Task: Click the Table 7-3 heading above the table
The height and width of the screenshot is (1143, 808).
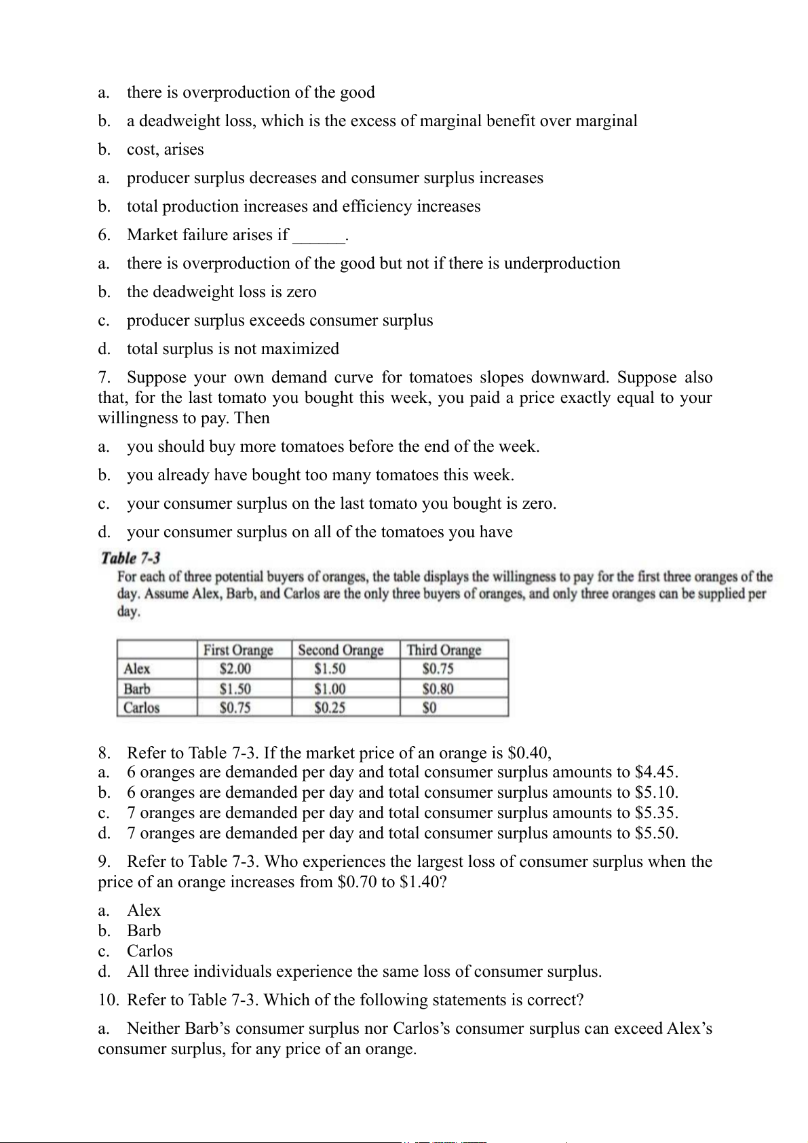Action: point(130,558)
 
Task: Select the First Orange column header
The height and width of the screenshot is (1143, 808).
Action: point(238,650)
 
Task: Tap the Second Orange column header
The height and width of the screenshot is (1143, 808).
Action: point(341,650)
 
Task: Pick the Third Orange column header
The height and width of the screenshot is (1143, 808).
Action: point(444,650)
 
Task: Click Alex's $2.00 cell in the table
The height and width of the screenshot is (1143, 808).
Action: point(235,669)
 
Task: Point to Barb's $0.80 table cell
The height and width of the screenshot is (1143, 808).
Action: point(438,689)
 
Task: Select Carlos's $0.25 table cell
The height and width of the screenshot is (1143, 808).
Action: point(330,708)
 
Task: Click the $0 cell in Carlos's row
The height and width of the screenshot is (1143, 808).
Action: point(429,708)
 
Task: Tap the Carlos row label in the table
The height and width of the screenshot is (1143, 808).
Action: point(142,708)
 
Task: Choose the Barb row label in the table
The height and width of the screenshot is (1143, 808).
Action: point(137,689)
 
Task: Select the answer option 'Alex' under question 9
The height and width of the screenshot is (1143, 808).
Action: point(144,910)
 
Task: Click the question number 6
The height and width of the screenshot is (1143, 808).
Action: point(104,235)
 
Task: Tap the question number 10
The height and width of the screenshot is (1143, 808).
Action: point(108,1000)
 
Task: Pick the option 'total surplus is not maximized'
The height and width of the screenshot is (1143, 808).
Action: point(233,349)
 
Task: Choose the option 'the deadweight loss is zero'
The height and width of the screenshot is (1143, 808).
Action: point(221,292)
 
